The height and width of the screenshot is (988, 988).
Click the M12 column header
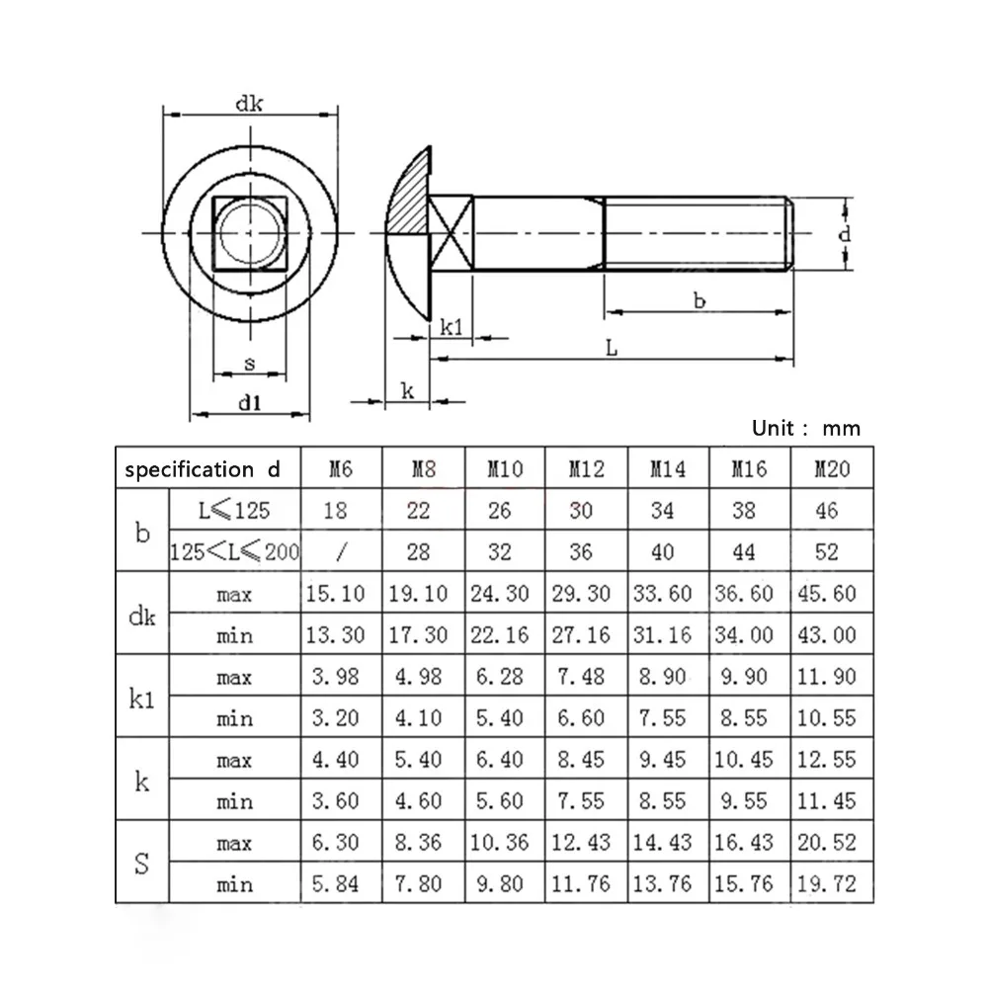[x=587, y=468]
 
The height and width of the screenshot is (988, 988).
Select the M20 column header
[x=832, y=468]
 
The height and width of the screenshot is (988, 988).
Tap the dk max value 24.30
[x=500, y=594]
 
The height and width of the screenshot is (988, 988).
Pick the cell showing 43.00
[x=827, y=634]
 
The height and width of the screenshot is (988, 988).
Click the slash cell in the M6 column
[x=341, y=552]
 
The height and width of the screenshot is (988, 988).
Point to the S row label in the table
[x=142, y=864]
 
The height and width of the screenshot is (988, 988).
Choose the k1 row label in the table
[x=141, y=699]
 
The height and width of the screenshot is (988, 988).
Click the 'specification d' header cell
[x=203, y=469]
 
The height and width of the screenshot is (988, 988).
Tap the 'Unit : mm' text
[x=806, y=429]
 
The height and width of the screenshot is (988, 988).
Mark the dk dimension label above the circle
[x=249, y=104]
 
